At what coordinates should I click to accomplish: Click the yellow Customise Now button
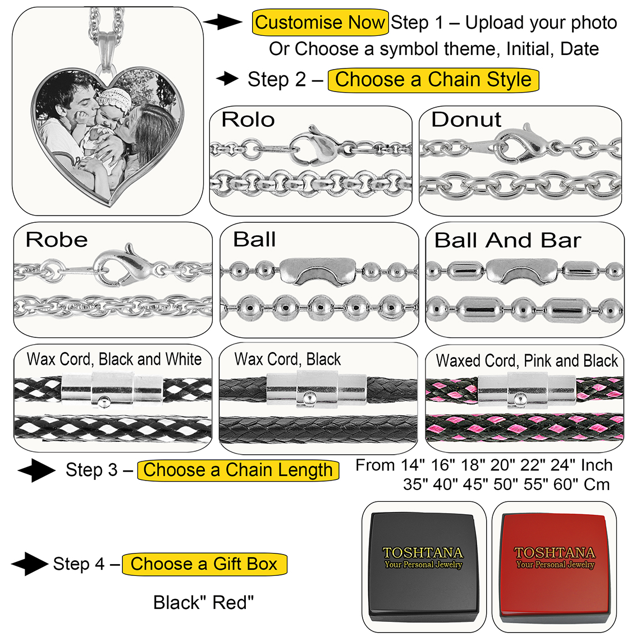(320, 23)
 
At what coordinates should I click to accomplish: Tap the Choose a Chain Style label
(433, 80)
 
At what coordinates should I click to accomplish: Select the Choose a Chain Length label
(238, 470)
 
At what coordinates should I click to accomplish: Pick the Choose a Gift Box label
(204, 564)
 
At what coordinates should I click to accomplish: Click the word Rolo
(248, 120)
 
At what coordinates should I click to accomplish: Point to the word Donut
(466, 120)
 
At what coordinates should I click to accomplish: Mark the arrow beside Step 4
(29, 564)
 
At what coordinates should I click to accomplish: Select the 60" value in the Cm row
(565, 484)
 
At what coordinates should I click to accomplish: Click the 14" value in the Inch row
(414, 465)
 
